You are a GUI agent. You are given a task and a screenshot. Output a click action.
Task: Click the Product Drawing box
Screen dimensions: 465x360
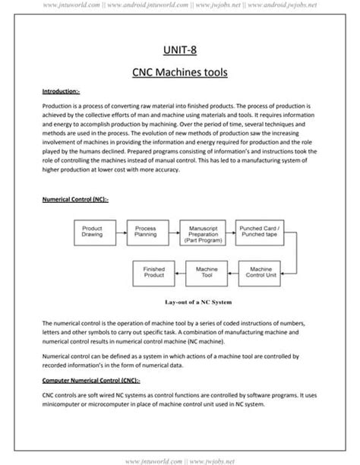coord(93,232)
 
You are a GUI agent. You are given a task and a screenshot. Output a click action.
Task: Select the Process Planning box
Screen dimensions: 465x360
coord(147,232)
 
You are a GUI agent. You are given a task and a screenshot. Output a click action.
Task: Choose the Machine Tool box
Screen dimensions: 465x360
coord(207,272)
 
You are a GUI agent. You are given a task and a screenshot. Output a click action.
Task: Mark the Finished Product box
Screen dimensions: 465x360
coord(154,272)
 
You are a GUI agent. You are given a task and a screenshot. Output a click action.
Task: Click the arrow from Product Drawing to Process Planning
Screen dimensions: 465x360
coord(119,232)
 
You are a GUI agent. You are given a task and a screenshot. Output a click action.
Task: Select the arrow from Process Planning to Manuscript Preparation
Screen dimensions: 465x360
coord(173,232)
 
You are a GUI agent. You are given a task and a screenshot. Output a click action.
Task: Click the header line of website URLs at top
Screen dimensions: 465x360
coord(179,6)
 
